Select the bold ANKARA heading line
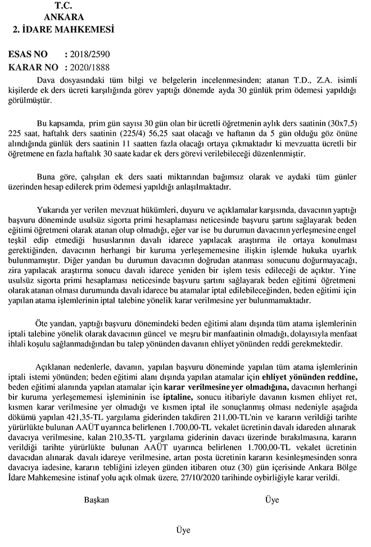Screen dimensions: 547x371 tap(64, 17)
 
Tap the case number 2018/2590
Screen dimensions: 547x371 tap(90, 54)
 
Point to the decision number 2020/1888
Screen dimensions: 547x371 tap(90, 67)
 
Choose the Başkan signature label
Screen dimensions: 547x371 tap(96, 500)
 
